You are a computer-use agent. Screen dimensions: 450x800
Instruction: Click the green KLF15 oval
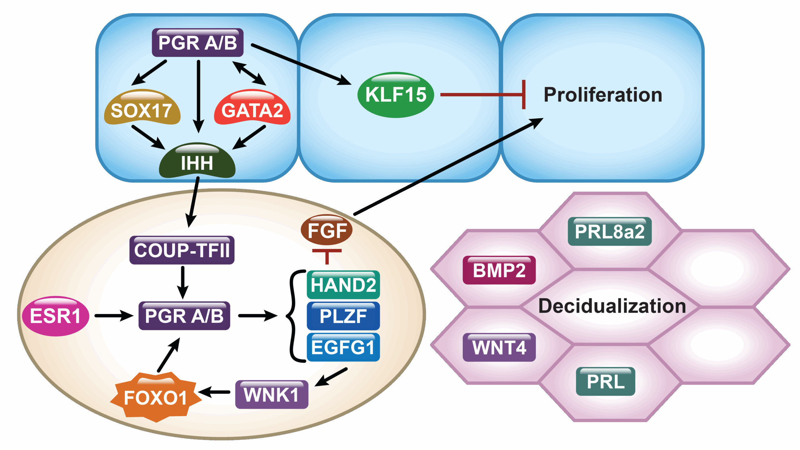coord(396,95)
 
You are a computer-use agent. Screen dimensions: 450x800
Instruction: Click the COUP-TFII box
coord(182,250)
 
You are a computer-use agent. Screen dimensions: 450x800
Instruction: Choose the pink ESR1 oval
coord(56,316)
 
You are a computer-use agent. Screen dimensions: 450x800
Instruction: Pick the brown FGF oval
coord(327,230)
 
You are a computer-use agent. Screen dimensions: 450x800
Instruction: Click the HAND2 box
coord(343,285)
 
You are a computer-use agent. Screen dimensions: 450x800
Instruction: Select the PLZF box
coord(343,316)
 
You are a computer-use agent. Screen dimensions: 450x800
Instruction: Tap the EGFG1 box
coord(343,347)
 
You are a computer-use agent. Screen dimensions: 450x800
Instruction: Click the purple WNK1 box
coord(272,394)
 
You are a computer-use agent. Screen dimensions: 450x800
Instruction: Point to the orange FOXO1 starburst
coord(156,397)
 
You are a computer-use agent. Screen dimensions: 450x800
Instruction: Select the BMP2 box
coord(499,270)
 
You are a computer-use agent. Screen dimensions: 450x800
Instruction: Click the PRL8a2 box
coord(610,232)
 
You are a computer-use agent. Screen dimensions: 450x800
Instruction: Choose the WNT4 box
coord(499,347)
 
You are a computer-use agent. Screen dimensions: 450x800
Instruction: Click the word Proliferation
coord(603,95)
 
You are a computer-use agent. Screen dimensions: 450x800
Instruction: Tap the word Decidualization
coord(612,306)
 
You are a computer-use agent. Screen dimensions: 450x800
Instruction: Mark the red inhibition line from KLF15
coord(481,94)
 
